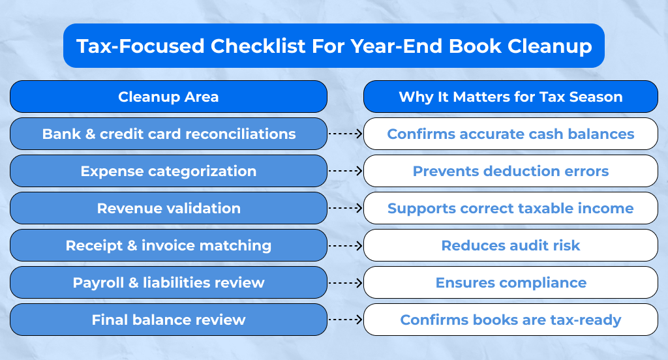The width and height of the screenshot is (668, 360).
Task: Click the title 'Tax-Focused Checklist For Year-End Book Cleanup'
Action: [334, 46]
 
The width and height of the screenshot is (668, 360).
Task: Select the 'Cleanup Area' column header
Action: [168, 97]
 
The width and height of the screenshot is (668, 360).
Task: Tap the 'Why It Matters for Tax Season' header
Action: [510, 97]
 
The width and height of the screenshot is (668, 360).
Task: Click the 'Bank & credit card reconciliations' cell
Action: [168, 134]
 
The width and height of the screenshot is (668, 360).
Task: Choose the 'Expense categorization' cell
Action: [168, 171]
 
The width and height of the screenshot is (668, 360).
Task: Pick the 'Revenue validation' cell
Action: [168, 208]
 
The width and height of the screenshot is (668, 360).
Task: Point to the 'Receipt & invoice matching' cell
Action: [168, 245]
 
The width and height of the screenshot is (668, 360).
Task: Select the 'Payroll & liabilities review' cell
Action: [168, 282]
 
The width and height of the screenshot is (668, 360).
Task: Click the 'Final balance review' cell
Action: [168, 320]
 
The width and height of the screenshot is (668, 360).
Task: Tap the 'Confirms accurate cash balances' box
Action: [510, 134]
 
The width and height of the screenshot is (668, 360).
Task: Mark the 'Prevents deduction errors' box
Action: [510, 171]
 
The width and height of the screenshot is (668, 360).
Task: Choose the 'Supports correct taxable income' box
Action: [510, 208]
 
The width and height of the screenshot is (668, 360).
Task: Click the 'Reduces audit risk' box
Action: [510, 245]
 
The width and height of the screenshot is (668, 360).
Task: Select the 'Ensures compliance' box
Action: [510, 282]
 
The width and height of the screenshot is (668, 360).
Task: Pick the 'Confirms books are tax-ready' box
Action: [510, 320]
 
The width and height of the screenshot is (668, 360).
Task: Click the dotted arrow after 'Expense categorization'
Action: [345, 171]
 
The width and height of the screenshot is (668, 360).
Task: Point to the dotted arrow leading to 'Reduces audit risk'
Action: [345, 245]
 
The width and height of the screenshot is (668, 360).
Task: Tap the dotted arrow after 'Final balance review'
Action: [345, 320]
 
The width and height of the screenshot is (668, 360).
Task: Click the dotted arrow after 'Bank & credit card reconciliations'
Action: [345, 134]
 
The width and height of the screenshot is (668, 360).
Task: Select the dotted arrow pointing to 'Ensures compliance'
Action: [345, 282]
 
